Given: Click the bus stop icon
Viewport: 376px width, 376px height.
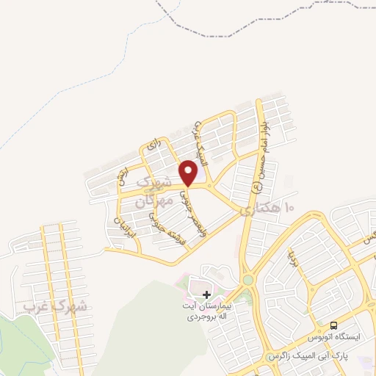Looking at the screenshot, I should tap(334, 325).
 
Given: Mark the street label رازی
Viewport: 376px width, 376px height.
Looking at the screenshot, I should tap(152, 144).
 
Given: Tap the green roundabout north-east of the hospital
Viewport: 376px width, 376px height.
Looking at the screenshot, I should tap(247, 280).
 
